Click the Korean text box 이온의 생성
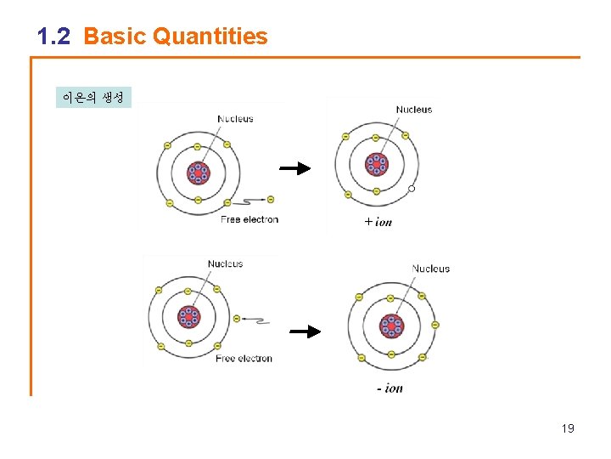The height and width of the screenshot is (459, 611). (x=93, y=97)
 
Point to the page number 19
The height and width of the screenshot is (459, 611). (x=568, y=428)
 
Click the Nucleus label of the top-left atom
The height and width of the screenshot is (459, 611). (x=235, y=119)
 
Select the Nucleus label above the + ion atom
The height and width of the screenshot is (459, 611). (x=413, y=110)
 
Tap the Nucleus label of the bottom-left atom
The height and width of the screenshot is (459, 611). (x=225, y=264)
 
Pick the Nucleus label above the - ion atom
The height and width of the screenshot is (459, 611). (x=430, y=269)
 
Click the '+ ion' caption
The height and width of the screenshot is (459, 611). (x=378, y=222)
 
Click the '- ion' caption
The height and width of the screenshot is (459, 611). (x=390, y=388)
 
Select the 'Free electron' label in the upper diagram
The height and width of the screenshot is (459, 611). (x=249, y=219)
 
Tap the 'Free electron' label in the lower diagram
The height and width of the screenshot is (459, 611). (x=244, y=359)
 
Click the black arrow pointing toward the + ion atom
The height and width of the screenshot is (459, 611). (x=294, y=168)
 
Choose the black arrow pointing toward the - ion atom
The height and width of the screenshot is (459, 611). (x=305, y=331)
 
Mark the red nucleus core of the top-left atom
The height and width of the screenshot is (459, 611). (x=198, y=173)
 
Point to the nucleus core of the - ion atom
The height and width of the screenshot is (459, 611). (x=390, y=326)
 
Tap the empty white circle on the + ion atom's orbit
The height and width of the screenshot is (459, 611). (x=412, y=189)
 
